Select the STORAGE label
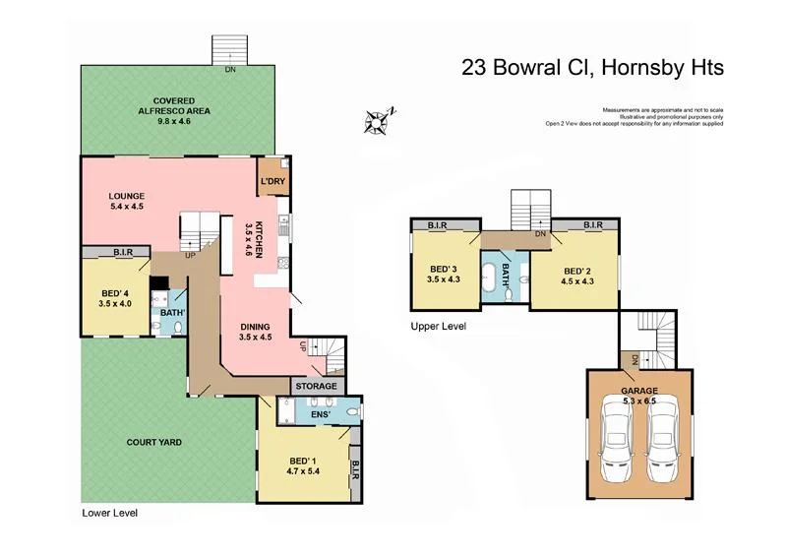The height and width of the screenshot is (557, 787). pos(318,386)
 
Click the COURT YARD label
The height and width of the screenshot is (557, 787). pos(153,442)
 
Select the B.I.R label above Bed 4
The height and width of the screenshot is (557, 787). pos(123,252)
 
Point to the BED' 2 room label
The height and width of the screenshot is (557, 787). pos(576,275)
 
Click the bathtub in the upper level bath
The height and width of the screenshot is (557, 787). pos(488,275)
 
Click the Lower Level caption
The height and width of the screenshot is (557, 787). pos(110,513)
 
